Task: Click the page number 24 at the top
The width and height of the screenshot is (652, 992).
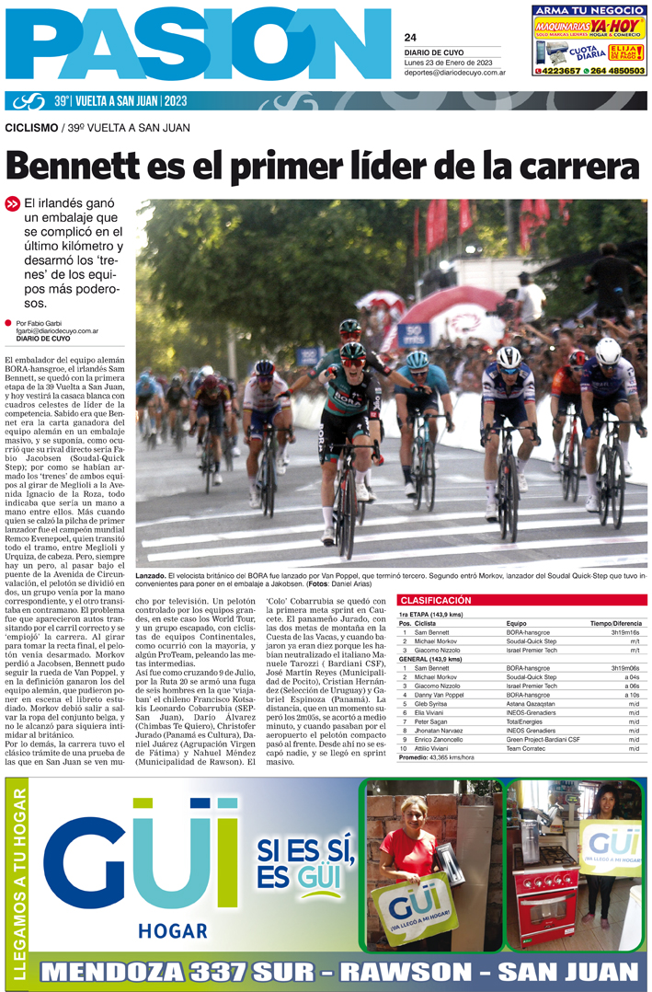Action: click(x=410, y=38)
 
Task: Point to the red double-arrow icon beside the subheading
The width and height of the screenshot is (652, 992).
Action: click(x=12, y=204)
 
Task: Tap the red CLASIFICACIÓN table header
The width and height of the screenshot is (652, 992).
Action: click(x=435, y=600)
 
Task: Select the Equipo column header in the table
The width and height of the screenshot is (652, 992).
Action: click(x=516, y=623)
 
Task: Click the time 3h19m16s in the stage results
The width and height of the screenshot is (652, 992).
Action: click(x=625, y=633)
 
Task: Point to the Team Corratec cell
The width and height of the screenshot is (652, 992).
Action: click(x=529, y=748)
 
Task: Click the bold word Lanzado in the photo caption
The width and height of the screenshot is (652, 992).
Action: click(x=151, y=574)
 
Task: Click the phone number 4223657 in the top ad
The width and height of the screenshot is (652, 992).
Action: click(x=558, y=70)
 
